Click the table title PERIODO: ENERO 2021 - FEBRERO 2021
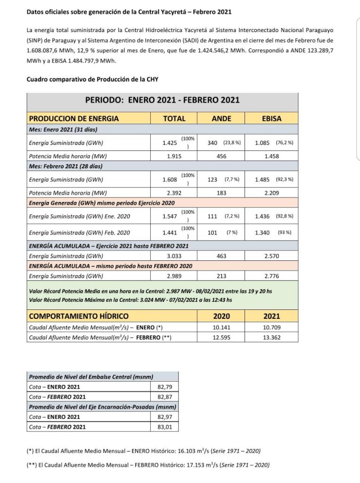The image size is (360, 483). coord(162,100)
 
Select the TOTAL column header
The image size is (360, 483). coord(174,118)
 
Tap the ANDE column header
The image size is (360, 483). coord(221,118)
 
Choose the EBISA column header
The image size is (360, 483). coord(271,118)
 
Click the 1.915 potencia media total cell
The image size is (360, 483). coord(174,156)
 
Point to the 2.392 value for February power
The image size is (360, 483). coord(174,193)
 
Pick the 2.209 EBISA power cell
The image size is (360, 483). coord(271,193)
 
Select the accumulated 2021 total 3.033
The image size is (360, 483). coord(174,256)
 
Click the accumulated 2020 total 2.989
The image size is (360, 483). coord(174,276)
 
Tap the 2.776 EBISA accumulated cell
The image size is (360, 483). coord(271,276)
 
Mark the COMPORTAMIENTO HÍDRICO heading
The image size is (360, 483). coord(79,316)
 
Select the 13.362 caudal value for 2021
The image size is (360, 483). coord(271,338)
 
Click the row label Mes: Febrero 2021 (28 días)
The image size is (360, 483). coord(66,167)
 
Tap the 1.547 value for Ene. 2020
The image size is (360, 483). coord(166,216)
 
